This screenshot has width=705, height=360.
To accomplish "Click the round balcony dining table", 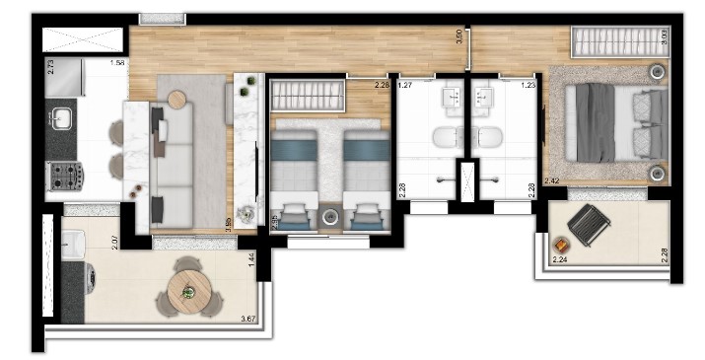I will [188, 291].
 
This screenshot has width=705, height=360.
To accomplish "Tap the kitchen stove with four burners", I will [67, 176].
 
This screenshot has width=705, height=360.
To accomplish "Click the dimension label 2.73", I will [50, 68].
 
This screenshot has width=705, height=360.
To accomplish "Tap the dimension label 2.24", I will [560, 259].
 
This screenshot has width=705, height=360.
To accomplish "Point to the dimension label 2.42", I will [551, 180].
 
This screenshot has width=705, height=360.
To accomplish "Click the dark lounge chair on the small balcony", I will [589, 226].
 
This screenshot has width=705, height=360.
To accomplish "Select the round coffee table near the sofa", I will [176, 99].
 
